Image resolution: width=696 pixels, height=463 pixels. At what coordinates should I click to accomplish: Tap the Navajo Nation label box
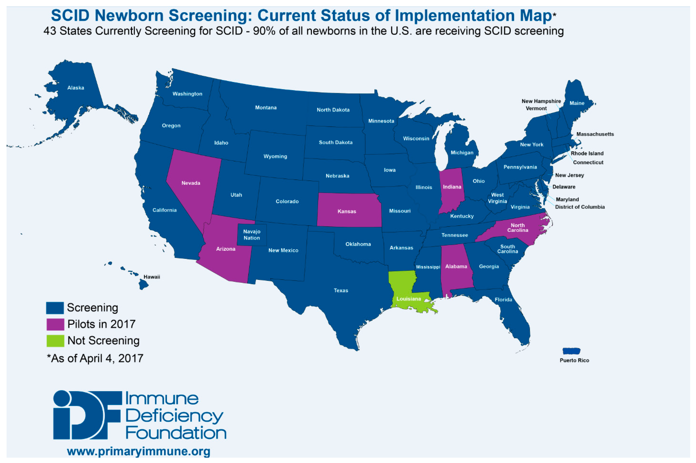(x=252, y=235)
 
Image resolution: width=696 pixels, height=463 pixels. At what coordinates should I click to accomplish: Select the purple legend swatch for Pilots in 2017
(x=55, y=324)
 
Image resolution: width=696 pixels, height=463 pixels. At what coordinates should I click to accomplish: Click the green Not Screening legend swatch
(x=55, y=341)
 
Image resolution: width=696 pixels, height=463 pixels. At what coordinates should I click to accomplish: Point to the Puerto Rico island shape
(x=571, y=351)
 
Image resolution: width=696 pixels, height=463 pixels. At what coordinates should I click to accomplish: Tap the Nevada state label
(x=191, y=183)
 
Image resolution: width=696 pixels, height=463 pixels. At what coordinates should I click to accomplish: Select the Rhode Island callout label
(x=587, y=153)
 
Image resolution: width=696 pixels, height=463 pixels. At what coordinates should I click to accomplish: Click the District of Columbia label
(x=580, y=207)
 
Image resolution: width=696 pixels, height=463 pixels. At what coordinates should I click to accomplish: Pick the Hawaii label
(x=151, y=277)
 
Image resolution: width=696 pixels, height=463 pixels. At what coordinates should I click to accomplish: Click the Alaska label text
(x=76, y=88)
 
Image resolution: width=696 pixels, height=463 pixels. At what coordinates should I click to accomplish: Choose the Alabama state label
(x=456, y=266)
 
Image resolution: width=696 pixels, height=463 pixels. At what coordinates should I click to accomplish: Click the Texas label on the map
(x=341, y=291)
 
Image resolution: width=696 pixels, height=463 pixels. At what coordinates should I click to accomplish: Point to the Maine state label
(x=577, y=103)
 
